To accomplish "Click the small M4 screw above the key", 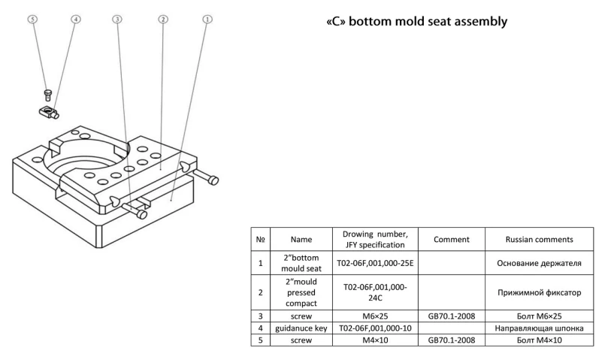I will [47, 94].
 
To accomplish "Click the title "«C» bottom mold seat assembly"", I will [416, 21].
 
